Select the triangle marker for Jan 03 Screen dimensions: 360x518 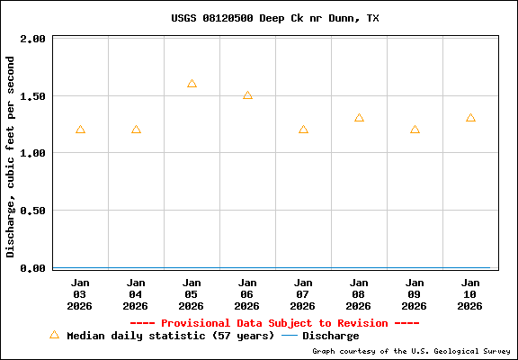[x=80, y=130]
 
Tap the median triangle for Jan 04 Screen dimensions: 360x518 [x=136, y=130]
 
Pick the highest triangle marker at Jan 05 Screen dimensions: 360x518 [x=192, y=84]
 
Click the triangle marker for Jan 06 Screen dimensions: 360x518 [x=247, y=95]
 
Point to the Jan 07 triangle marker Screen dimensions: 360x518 [x=303, y=130]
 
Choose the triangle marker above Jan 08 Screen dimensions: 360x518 [x=359, y=118]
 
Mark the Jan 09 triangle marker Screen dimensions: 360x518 [x=415, y=130]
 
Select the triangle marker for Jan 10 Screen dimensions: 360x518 [x=470, y=118]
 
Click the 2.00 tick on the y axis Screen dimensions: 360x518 [x=32, y=40]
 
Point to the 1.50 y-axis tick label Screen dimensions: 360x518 [x=32, y=96]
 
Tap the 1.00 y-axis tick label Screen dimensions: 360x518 [x=32, y=154]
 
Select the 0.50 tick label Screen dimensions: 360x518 [x=32, y=211]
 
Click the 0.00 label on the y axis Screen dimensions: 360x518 [x=32, y=268]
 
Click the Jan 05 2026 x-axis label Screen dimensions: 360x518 [x=192, y=293]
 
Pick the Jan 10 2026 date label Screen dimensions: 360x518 [x=470, y=293]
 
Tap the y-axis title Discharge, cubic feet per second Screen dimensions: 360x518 [x=11, y=157]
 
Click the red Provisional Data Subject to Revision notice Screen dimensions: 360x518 [x=274, y=323]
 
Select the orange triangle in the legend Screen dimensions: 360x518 [x=54, y=335]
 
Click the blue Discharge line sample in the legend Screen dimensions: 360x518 [x=290, y=336]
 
